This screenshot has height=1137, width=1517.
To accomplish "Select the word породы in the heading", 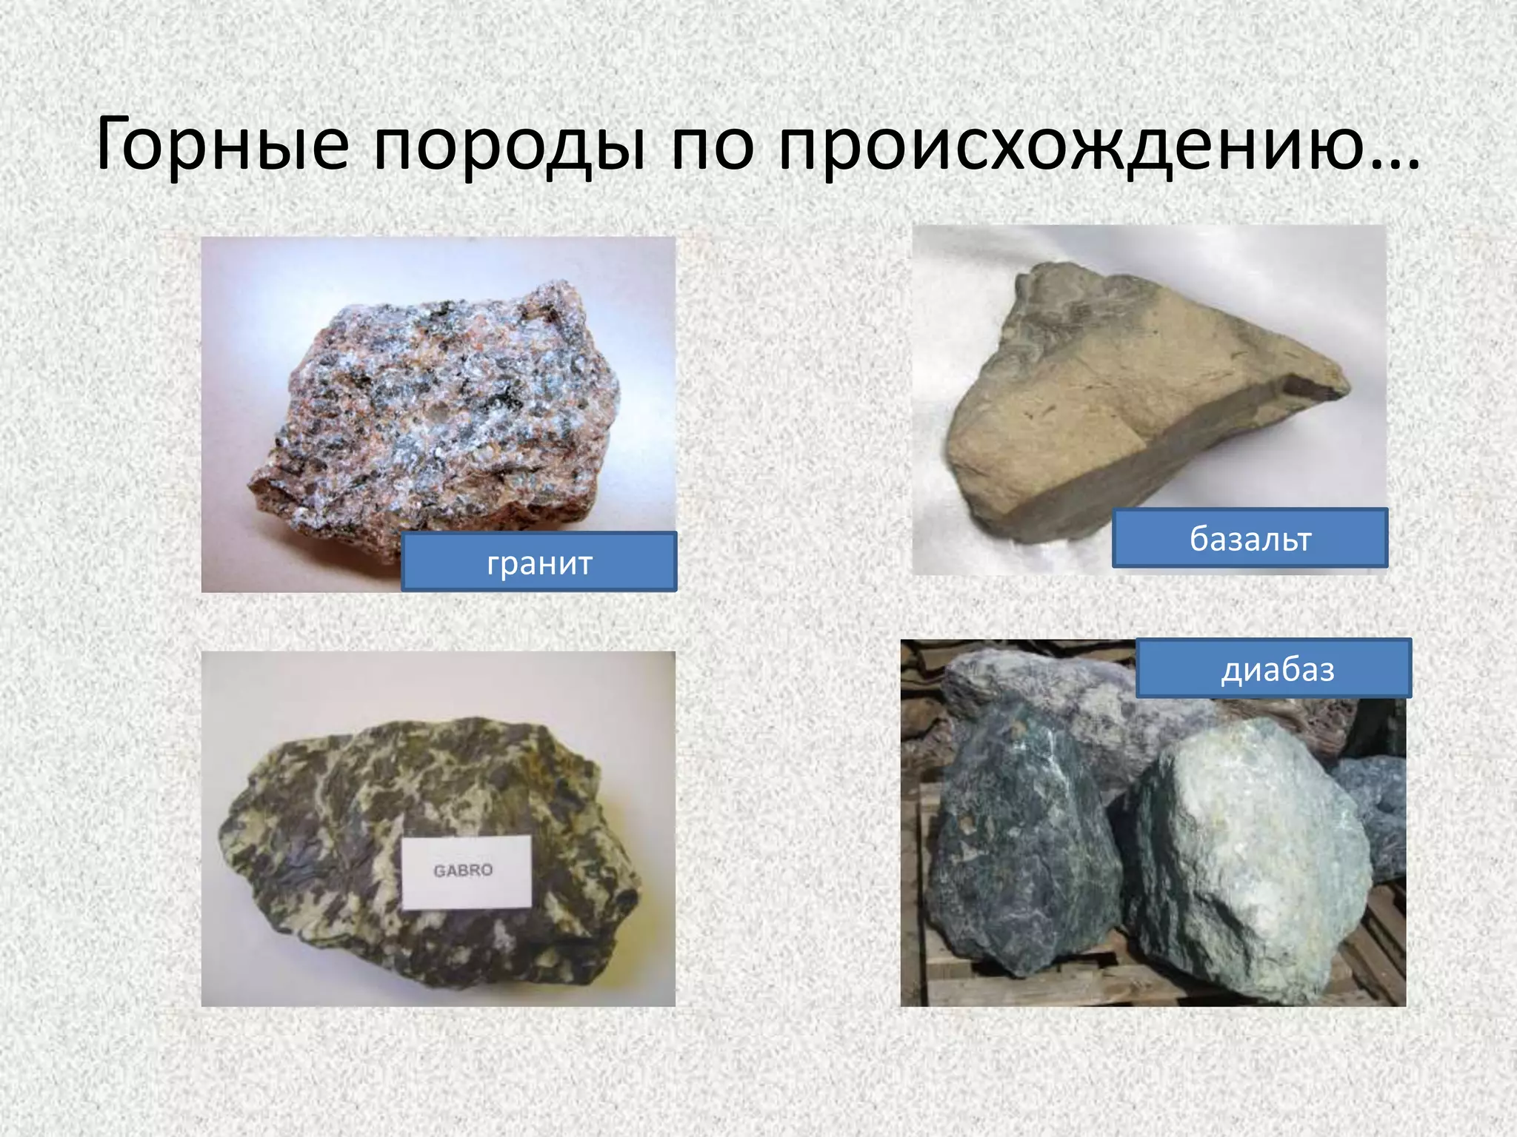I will pyautogui.click(x=508, y=145).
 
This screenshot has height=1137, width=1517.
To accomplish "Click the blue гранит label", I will pyautogui.click(x=539, y=563).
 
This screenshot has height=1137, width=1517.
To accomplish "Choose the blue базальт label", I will pyautogui.click(x=1250, y=538).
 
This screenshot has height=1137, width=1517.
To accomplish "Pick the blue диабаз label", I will pyautogui.click(x=1273, y=668).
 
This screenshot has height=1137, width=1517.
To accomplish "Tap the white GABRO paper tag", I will pyautogui.click(x=467, y=871).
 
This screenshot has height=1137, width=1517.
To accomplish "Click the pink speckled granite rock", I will pyautogui.click(x=437, y=415).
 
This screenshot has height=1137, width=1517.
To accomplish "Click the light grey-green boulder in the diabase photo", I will pyautogui.click(x=1252, y=844).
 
